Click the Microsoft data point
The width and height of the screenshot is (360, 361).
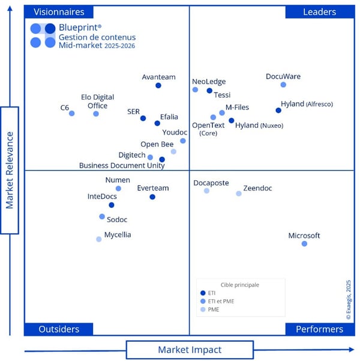pos(304,243)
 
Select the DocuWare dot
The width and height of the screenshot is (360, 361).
pos(283,85)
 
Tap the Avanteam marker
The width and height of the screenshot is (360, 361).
pos(158,85)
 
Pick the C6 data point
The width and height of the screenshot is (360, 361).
pos(72,113)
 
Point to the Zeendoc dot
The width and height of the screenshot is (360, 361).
pos(239,193)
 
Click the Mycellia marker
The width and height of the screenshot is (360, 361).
pos(99,239)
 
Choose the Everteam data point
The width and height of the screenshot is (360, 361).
pos(152,196)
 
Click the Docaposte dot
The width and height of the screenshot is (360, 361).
pos(207,190)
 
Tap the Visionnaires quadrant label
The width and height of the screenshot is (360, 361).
pos(59,12)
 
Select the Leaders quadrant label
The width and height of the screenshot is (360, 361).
pos(319,12)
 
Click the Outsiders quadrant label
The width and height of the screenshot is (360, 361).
pos(59,329)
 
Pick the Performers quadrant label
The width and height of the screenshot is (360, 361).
pos(319,329)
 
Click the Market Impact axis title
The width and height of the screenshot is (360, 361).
pos(190,350)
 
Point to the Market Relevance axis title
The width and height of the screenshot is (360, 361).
pos(10,170)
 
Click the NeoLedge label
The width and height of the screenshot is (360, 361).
pos(209,81)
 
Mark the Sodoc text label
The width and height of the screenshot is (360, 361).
pos(117,220)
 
